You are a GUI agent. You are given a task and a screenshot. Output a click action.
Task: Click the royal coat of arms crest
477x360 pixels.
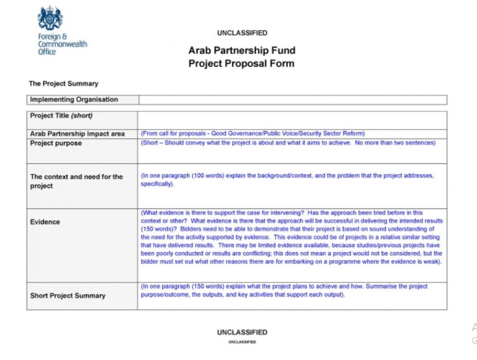tap(50, 19)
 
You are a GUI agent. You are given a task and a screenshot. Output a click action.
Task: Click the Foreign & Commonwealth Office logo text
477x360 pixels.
tap(62, 44)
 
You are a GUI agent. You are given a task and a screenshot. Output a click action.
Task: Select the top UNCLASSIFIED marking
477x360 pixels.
tap(242, 33)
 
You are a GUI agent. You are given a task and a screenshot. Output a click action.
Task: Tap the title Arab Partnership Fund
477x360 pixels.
tap(242, 50)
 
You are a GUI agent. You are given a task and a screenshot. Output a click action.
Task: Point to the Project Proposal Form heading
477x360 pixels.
tap(242, 63)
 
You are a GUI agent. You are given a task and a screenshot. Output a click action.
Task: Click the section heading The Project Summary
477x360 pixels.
tap(63, 83)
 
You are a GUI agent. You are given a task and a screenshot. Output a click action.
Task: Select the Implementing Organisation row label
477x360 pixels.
tap(74, 99)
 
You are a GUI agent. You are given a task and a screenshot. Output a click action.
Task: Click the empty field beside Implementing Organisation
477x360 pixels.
tap(292, 99)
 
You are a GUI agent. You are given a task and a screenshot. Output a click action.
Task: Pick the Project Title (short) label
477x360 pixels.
tap(61, 115)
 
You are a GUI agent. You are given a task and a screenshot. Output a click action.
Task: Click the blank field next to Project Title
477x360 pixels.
tap(292, 119)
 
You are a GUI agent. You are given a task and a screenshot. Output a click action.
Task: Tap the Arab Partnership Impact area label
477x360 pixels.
tap(78, 133)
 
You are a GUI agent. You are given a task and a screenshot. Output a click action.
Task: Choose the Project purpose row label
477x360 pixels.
tap(56, 143)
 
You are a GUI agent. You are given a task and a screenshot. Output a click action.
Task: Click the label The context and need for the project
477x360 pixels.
tap(76, 181)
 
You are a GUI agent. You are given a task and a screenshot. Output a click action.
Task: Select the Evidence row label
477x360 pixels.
tap(45, 222)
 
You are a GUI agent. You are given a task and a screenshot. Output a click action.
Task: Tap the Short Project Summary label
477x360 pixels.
tap(68, 295)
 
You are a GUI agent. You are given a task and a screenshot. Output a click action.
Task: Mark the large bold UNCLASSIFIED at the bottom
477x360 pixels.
tap(242, 332)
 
